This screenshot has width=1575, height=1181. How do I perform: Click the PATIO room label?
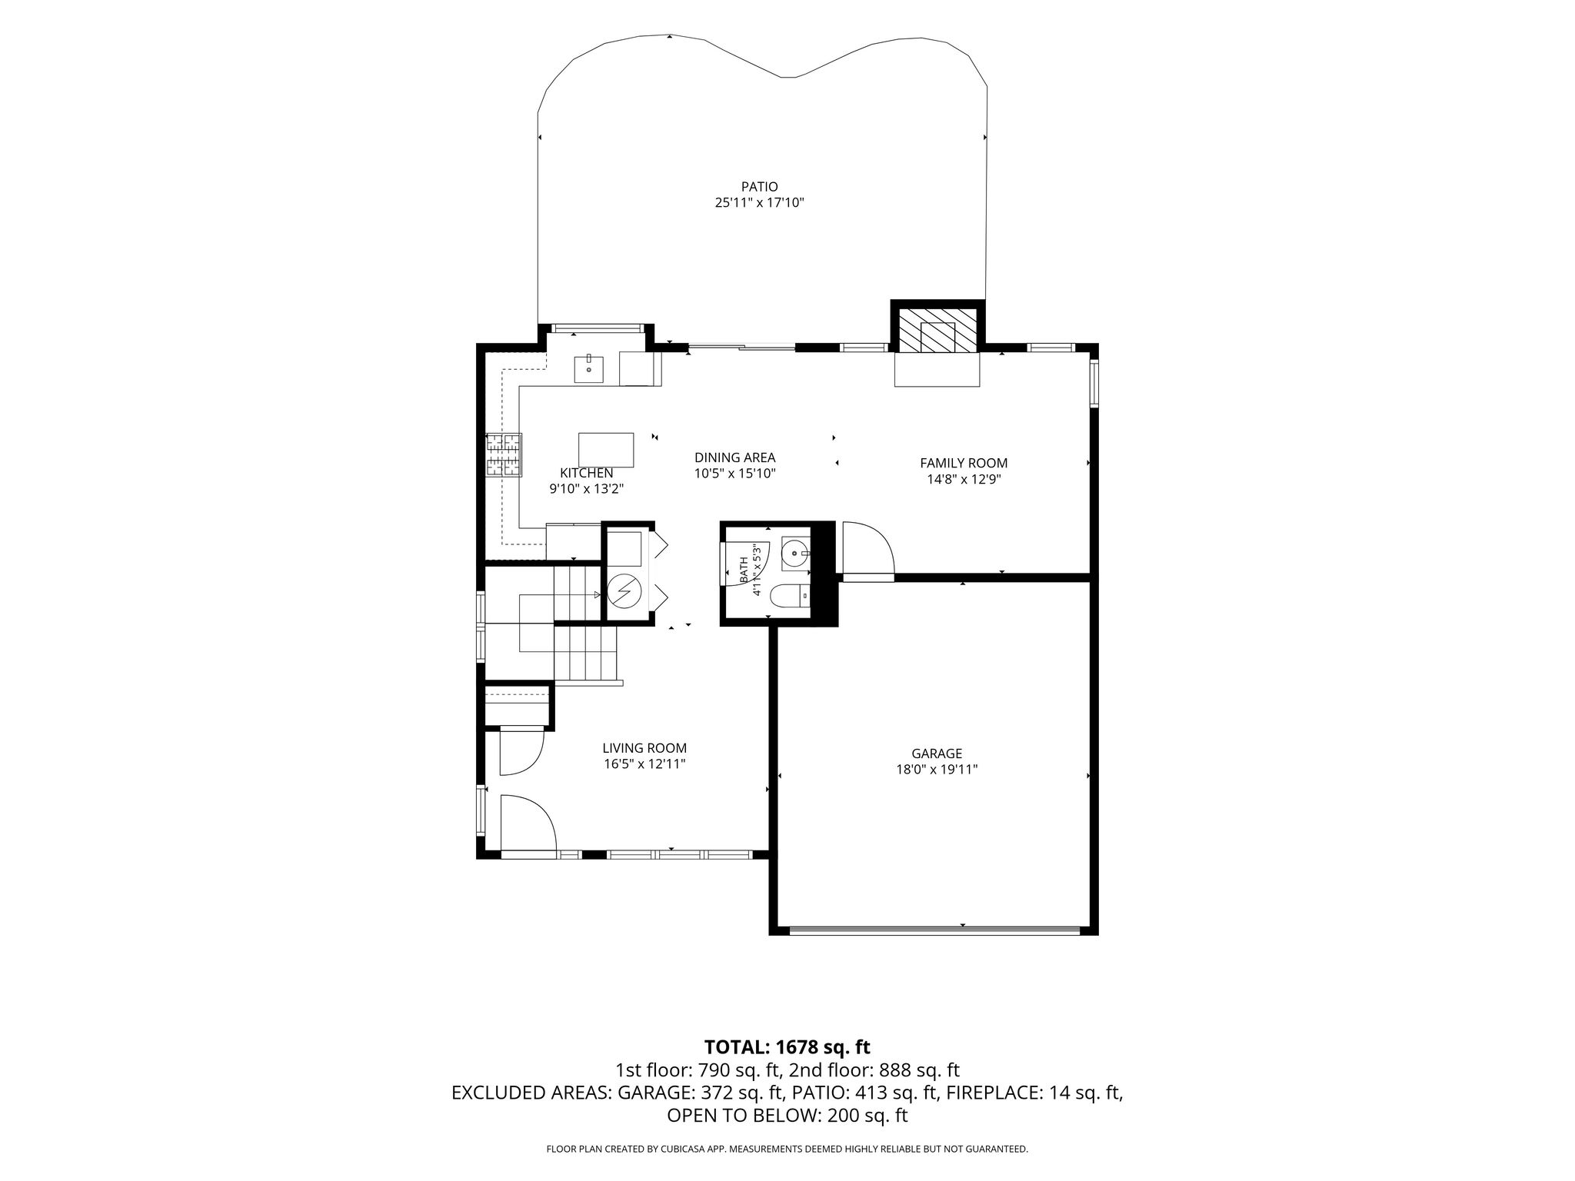click(759, 187)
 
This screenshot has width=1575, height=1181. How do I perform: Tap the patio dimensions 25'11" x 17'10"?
click(759, 204)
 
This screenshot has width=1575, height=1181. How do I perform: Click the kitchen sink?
click(589, 369)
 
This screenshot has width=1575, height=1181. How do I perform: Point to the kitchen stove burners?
click(504, 454)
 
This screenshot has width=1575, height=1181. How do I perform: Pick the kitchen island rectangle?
click(607, 450)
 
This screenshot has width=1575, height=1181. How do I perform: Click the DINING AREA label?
click(734, 458)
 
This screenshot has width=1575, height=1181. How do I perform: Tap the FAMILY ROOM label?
click(964, 463)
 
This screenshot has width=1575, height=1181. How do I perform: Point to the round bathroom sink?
click(795, 553)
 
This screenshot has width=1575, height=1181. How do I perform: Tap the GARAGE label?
click(937, 754)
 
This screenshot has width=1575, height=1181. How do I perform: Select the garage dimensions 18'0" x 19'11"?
click(937, 770)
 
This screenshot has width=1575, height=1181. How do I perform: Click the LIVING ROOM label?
click(644, 748)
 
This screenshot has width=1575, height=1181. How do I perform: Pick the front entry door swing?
click(528, 823)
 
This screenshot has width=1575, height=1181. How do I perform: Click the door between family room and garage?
click(868, 549)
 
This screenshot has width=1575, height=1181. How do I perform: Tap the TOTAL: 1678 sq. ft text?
click(787, 1046)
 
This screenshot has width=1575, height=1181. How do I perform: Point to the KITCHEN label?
click(586, 473)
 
